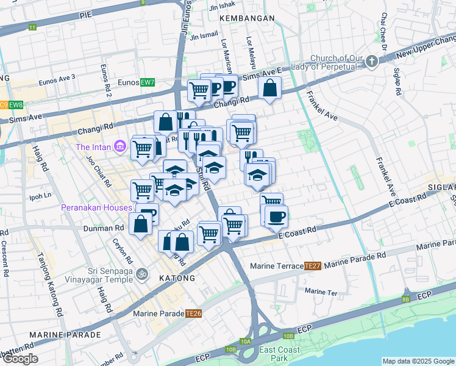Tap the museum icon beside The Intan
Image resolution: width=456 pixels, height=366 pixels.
click(119, 147)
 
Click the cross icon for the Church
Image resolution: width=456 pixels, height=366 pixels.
click(371, 61)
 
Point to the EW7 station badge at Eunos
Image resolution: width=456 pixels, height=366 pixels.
click(148, 82)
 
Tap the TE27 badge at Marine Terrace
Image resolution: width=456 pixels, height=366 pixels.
click(313, 266)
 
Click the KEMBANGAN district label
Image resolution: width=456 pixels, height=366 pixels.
click(248, 18)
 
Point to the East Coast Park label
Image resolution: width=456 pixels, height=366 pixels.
click(279, 354)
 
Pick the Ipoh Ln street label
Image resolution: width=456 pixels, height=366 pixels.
click(40, 196)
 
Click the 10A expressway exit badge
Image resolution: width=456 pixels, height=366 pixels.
click(246, 342)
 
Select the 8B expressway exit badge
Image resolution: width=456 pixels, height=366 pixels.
click(405, 300)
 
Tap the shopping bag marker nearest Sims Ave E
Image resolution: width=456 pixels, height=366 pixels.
click(269, 88)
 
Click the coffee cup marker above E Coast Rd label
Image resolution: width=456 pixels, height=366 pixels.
click(277, 216)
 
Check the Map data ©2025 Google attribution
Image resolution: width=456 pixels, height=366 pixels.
click(418, 361)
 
